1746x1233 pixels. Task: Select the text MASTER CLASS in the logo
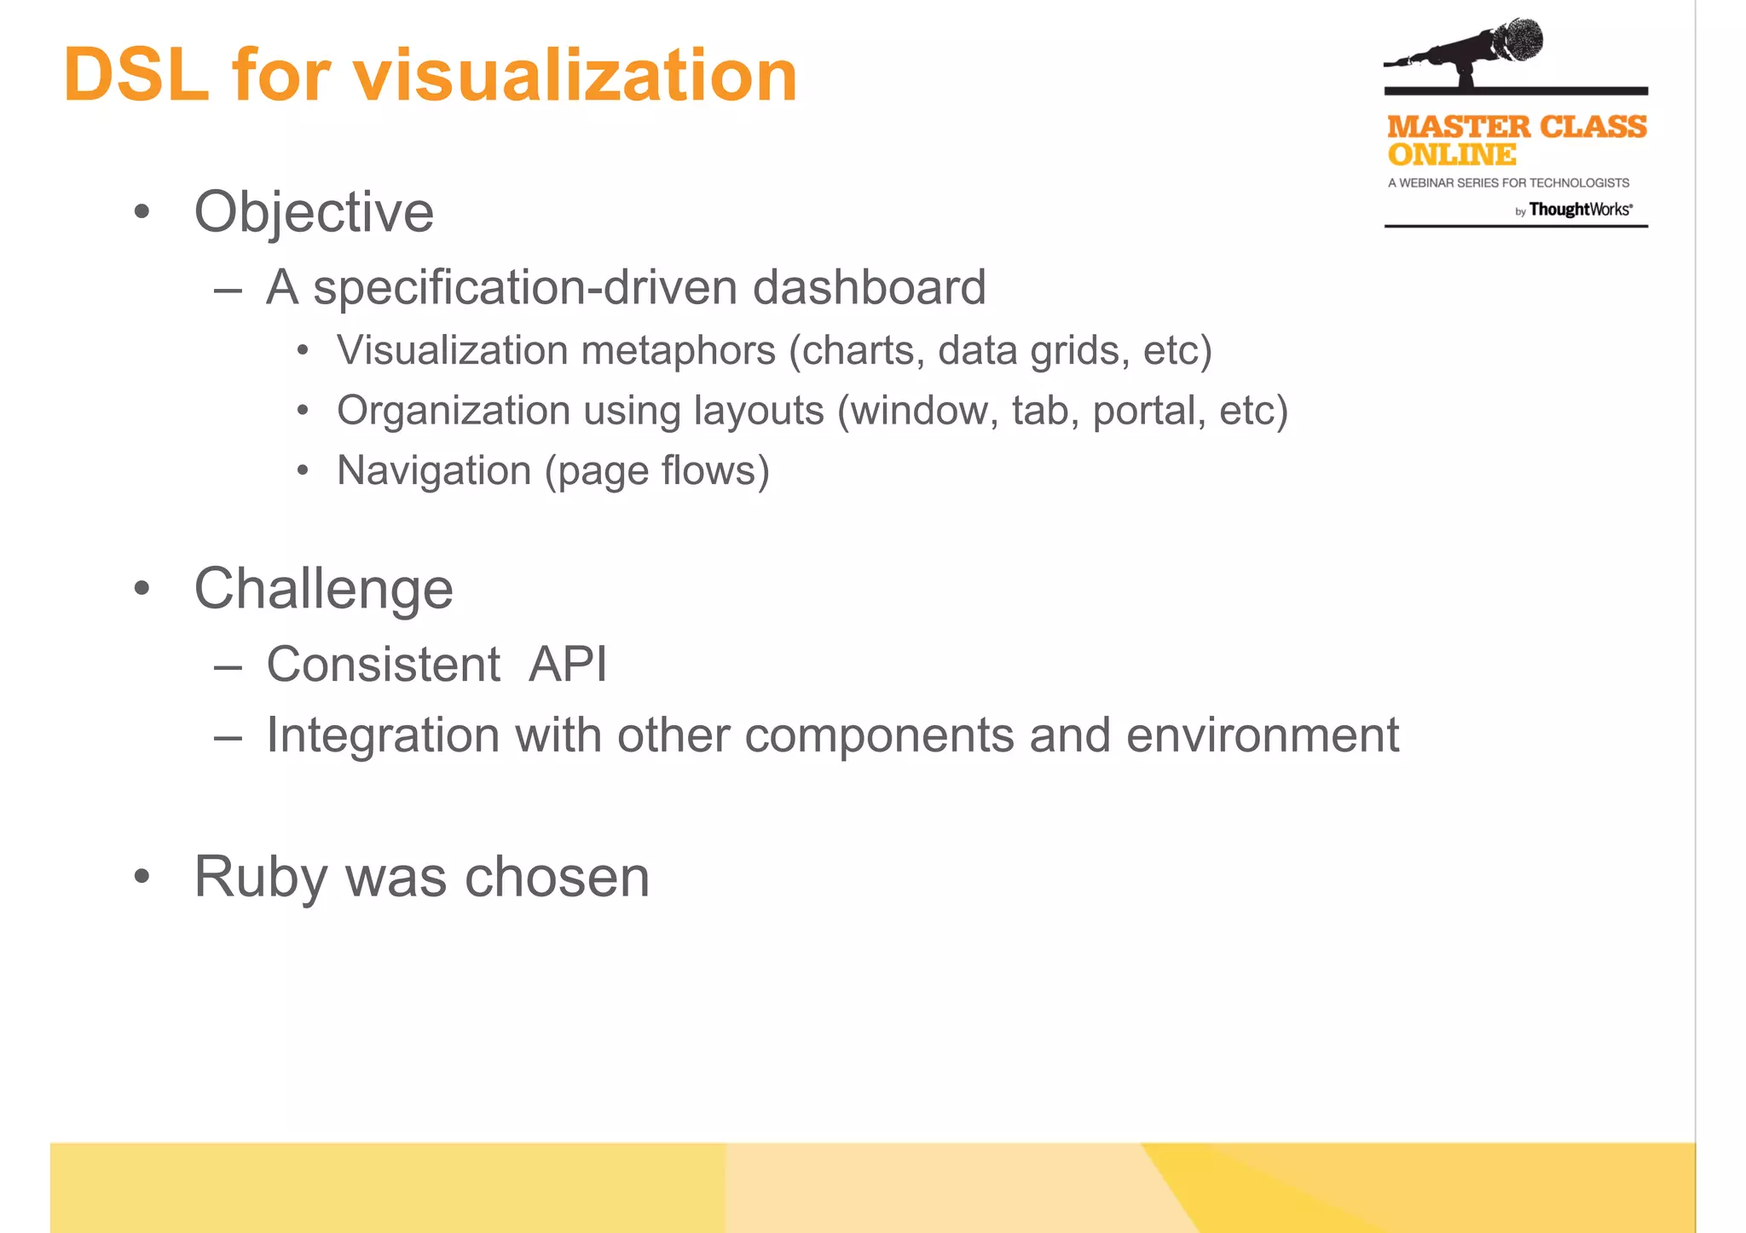(x=1517, y=127)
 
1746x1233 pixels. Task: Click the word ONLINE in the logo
(x=1451, y=155)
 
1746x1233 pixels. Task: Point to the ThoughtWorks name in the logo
(x=1580, y=210)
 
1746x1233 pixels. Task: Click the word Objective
(x=314, y=211)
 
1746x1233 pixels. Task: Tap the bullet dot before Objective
(x=142, y=211)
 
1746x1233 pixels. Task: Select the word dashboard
(x=869, y=287)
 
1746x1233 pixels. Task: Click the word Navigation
(x=434, y=470)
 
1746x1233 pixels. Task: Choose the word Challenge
(x=323, y=588)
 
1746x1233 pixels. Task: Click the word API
(x=568, y=664)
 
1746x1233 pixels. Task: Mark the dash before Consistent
(x=228, y=665)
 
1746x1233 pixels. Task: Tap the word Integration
(x=383, y=735)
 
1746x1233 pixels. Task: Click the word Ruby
(x=260, y=876)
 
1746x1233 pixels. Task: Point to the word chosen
(x=557, y=876)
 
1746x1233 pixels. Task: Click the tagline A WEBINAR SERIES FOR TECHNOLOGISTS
(x=1508, y=182)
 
